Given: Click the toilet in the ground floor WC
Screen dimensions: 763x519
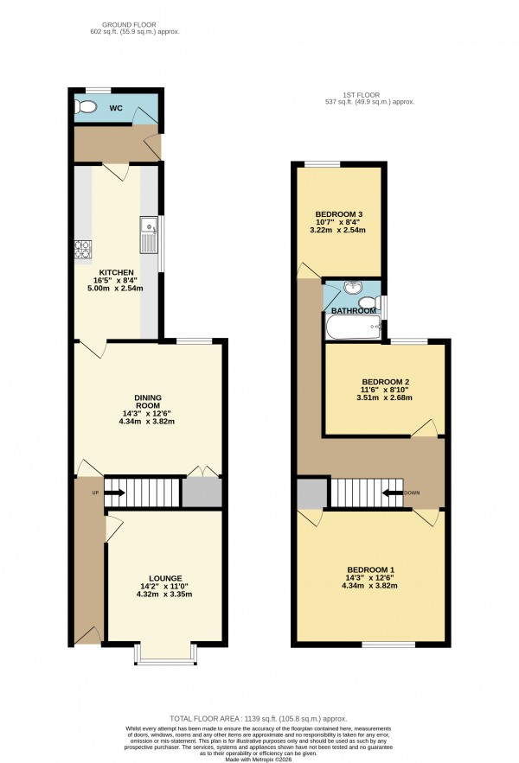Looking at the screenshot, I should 86,107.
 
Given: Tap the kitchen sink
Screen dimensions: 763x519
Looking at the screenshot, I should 148,231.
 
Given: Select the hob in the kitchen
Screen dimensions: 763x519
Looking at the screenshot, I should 82,250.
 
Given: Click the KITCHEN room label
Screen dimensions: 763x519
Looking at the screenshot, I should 116,272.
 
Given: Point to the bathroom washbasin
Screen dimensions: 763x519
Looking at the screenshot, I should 355,289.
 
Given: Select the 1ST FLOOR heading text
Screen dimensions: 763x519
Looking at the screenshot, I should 362,94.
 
